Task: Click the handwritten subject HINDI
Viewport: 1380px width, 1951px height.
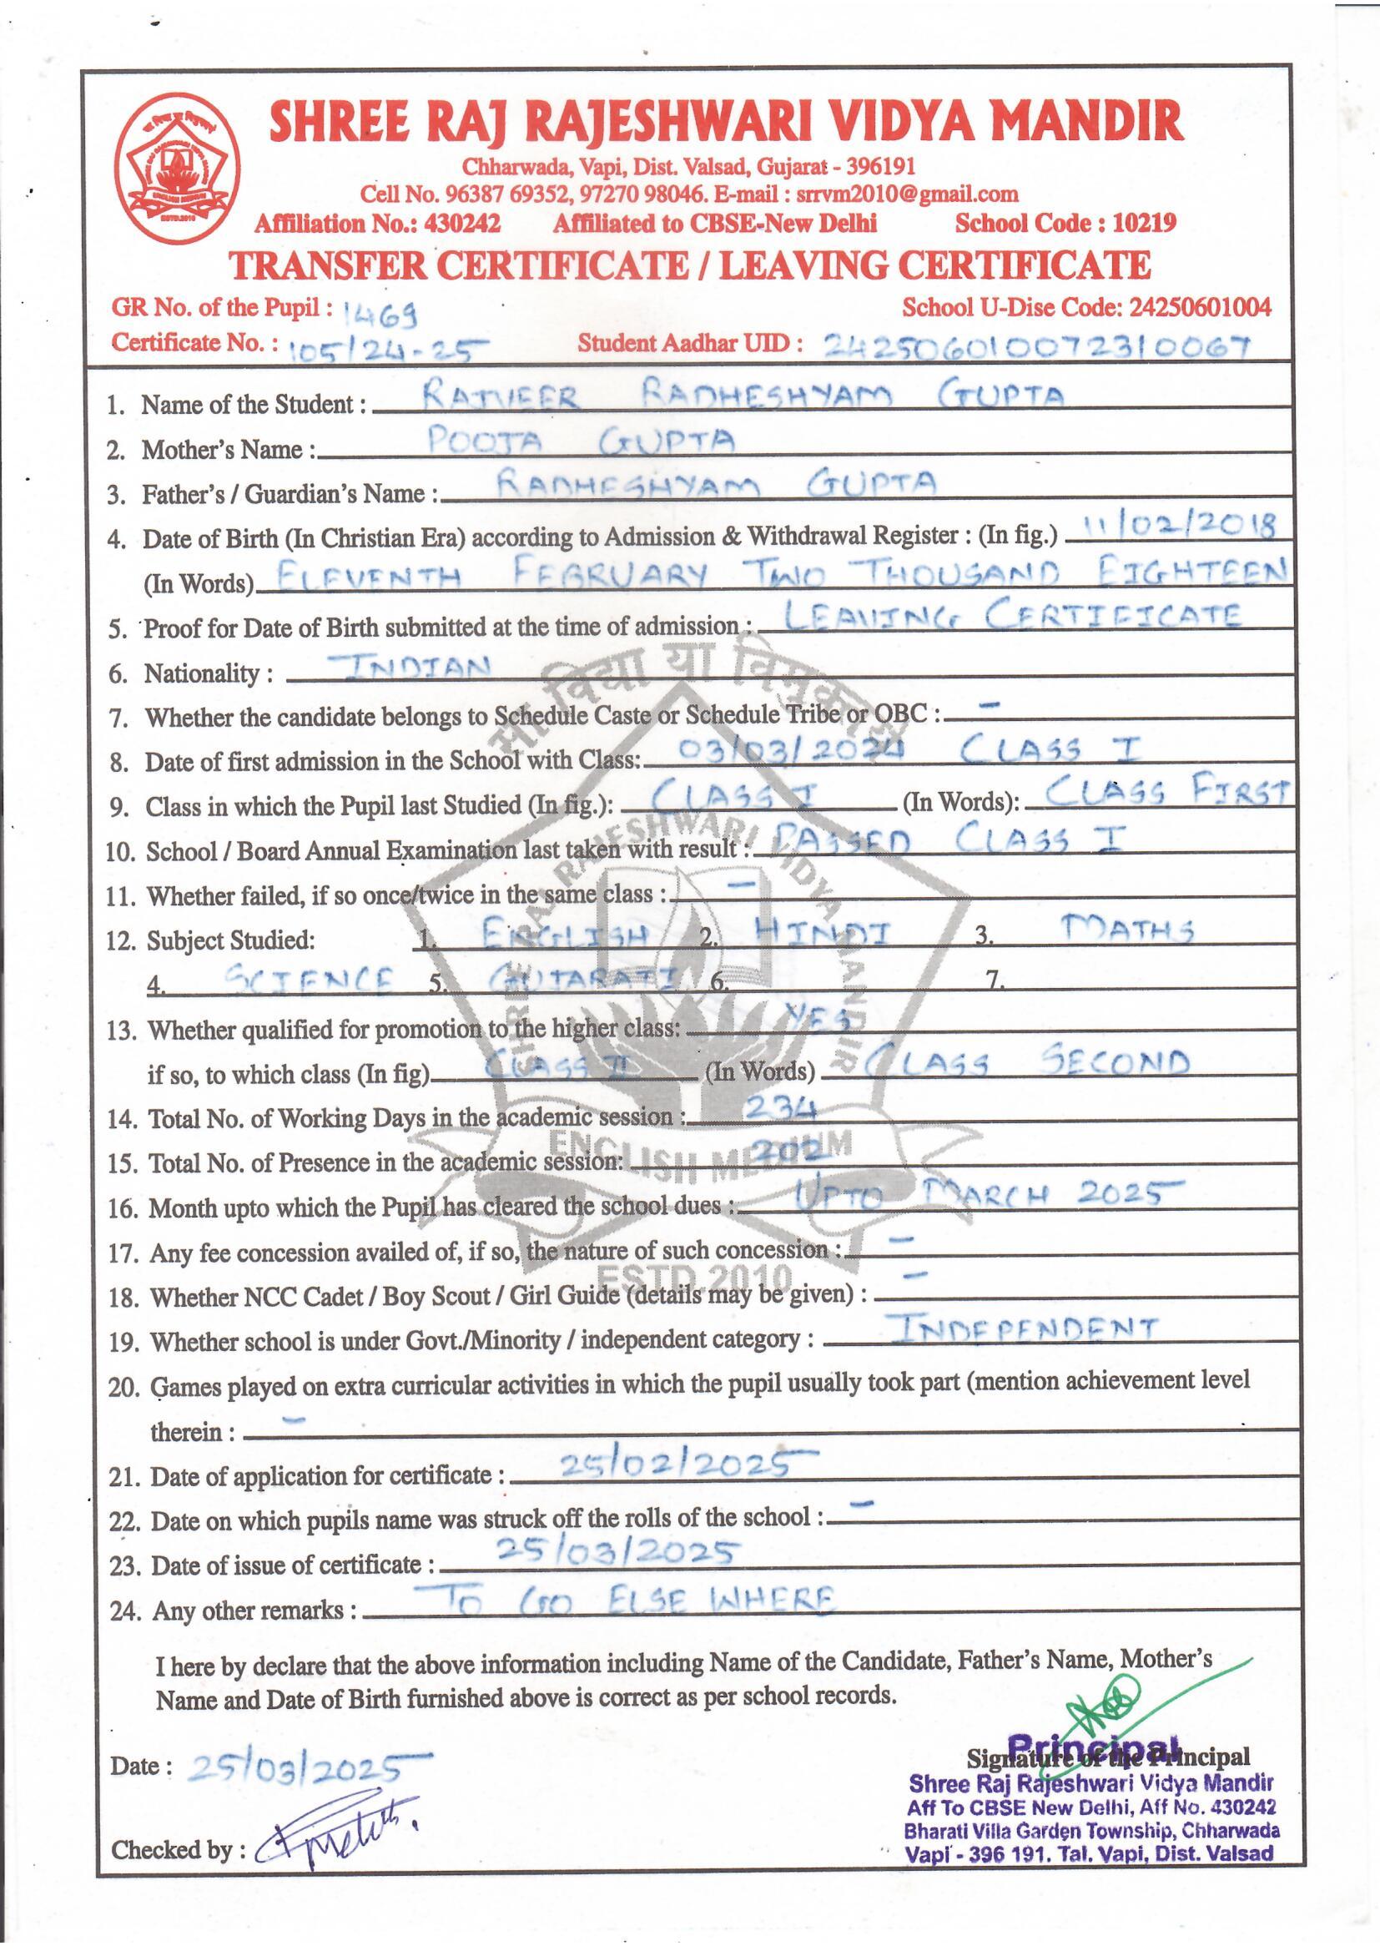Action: tap(822, 933)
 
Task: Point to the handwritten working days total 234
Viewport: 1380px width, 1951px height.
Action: tap(779, 1107)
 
